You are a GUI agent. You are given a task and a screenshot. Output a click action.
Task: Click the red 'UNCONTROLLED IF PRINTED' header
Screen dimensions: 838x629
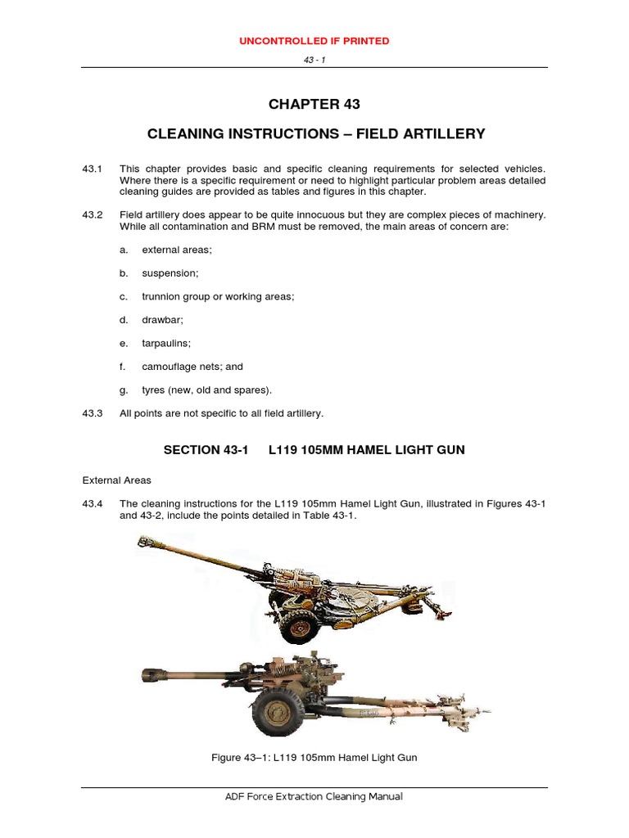tap(314, 40)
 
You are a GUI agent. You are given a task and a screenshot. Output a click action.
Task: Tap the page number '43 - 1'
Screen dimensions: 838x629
tap(314, 60)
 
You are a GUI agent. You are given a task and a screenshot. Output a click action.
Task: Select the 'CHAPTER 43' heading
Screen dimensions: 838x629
tap(314, 104)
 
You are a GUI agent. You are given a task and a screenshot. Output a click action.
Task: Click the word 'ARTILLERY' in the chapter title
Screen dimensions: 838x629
tap(442, 133)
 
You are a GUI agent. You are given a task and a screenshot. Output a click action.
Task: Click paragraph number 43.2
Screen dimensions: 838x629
tap(92, 214)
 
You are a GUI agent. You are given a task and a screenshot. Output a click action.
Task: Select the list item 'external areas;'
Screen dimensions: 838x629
tap(177, 250)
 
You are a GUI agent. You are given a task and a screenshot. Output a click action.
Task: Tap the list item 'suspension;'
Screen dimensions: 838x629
tap(170, 273)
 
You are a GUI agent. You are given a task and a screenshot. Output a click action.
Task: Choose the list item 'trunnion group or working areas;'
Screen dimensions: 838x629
tap(218, 296)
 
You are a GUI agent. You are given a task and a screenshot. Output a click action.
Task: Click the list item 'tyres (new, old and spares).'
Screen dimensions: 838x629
tap(206, 390)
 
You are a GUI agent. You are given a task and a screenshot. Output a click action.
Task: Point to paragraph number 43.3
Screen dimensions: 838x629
tap(92, 413)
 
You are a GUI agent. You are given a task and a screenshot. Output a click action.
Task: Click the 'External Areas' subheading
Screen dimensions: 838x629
tap(116, 480)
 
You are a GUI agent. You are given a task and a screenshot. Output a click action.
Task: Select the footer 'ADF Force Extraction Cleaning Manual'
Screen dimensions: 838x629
tap(314, 796)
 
